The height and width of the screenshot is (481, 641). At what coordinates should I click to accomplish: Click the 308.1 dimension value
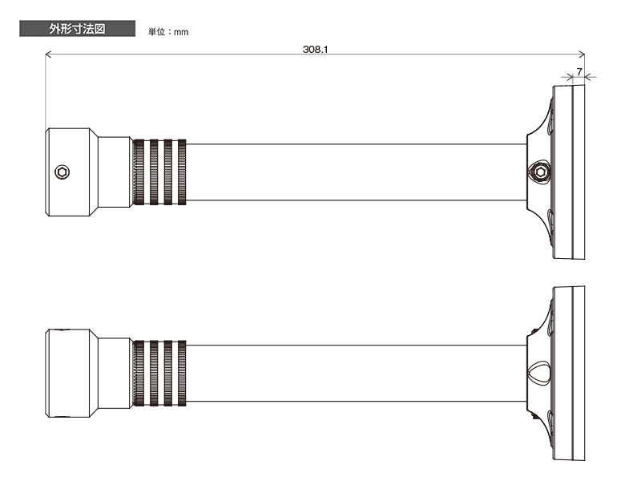[315, 50]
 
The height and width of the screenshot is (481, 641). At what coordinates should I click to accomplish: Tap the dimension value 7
[579, 71]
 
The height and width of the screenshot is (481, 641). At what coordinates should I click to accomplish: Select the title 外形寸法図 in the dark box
[77, 29]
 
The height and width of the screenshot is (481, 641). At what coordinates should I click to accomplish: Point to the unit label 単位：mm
[168, 32]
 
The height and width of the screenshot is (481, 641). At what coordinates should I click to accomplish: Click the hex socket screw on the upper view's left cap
[62, 172]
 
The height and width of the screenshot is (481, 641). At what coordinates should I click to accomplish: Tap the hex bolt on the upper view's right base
[539, 172]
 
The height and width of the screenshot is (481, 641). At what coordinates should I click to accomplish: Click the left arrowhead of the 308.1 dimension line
[48, 54]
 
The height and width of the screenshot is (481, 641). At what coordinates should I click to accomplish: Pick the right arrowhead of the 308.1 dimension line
[582, 54]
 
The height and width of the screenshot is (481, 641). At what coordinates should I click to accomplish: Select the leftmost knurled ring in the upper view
[139, 172]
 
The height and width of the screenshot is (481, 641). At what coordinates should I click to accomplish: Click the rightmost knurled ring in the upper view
[182, 172]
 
